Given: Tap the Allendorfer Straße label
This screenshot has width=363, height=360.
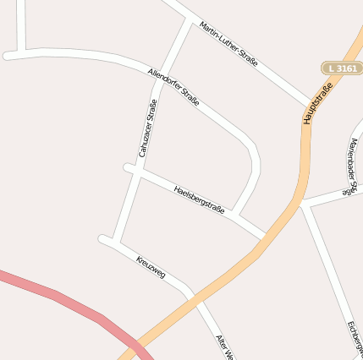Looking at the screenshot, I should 173,87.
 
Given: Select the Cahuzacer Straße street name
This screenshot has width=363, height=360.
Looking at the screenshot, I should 148,128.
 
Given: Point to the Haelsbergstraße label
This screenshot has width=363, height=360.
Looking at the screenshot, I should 199,199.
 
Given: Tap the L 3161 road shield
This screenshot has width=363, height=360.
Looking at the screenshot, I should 342,67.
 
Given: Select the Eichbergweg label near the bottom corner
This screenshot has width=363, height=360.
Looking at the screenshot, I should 355,338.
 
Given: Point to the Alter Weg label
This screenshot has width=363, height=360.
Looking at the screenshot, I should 223,346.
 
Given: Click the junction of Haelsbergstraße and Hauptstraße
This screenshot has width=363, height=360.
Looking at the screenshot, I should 265,237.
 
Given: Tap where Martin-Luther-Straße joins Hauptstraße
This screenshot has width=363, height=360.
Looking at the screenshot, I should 311,104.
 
